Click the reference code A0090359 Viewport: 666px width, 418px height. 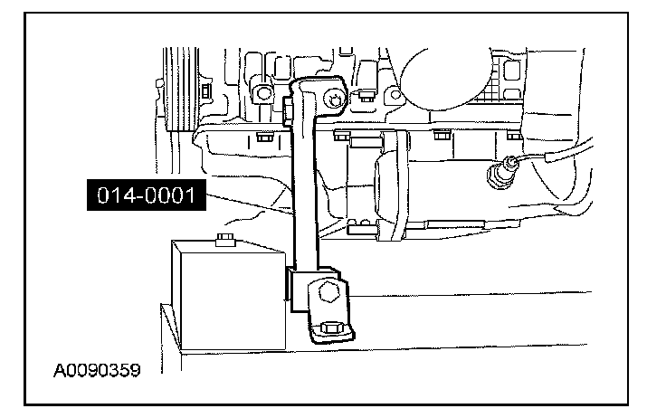click(x=98, y=371)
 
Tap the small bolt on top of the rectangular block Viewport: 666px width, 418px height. click(x=223, y=242)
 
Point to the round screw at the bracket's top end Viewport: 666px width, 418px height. click(x=336, y=100)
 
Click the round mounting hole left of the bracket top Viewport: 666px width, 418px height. click(x=263, y=93)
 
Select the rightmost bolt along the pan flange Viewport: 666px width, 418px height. click(x=514, y=136)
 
